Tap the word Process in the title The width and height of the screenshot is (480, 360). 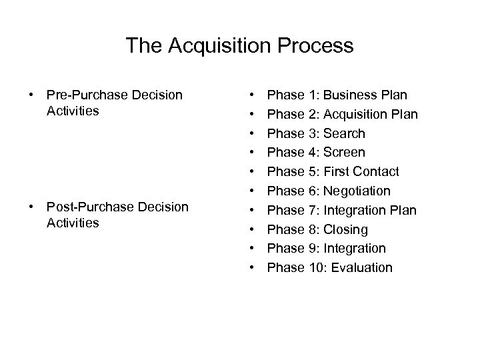315,46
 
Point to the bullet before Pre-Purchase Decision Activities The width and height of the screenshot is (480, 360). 31,95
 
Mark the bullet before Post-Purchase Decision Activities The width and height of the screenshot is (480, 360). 31,207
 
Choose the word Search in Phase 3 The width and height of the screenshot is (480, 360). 344,133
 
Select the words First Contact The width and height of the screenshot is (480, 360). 361,172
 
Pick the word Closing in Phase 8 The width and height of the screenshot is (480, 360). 345,230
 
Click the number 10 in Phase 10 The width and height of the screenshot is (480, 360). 315,268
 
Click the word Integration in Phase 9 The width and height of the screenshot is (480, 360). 355,249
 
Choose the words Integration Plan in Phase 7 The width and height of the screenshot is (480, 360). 370,211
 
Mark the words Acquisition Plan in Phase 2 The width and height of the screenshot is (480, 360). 371,114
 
